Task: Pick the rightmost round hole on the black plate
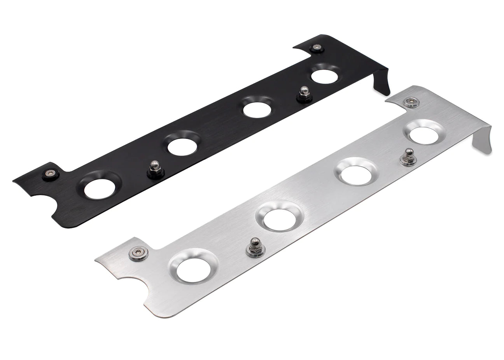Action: (x=324, y=76)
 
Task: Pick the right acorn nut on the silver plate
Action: (x=408, y=156)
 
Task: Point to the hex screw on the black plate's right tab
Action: (x=315, y=48)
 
